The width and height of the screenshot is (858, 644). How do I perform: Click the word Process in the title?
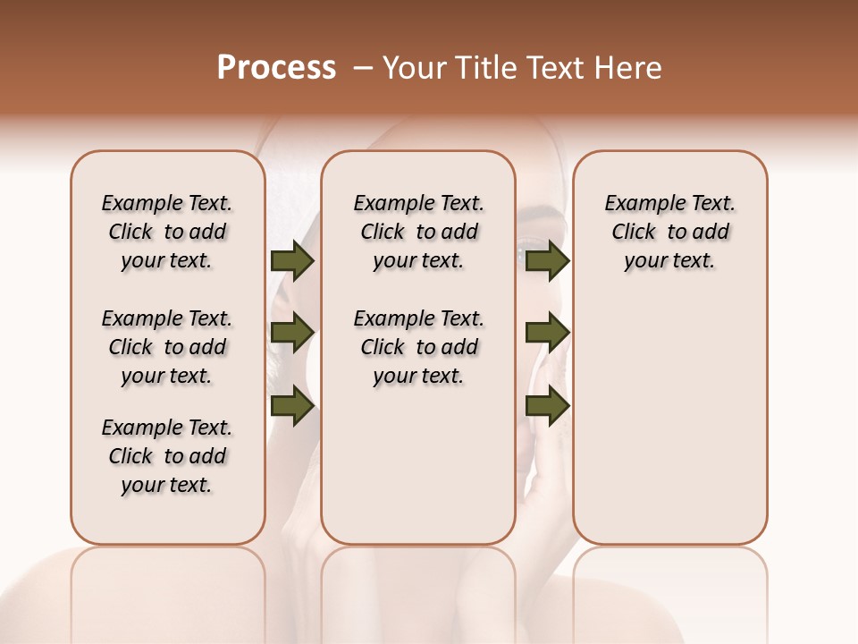pos(276,68)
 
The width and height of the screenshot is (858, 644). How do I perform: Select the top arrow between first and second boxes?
pos(292,261)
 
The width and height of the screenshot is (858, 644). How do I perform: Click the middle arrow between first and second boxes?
pos(292,333)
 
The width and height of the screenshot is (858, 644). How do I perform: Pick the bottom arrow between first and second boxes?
pos(292,405)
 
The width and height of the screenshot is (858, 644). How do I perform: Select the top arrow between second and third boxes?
pos(547,261)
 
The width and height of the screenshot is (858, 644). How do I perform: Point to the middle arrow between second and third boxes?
pos(547,333)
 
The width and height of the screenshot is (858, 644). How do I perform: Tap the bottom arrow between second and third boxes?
pos(547,405)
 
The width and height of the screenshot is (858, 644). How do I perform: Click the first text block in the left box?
pos(167,232)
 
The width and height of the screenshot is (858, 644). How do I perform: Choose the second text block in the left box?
pos(167,347)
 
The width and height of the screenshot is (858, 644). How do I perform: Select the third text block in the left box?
pos(167,456)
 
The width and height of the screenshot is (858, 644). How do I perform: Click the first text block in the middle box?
pos(418,232)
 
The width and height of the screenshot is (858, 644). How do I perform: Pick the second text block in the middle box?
pos(418,347)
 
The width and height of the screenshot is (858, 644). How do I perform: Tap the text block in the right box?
pos(669,232)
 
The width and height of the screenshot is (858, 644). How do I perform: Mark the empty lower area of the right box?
pos(669,420)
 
